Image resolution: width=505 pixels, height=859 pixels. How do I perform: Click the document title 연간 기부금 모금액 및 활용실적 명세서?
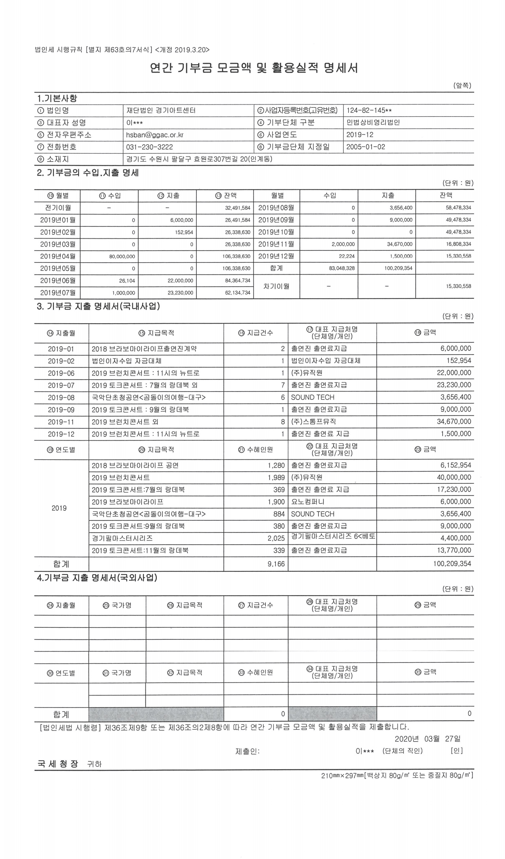pos(254,68)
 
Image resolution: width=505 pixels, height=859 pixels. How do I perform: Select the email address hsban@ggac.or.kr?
pos(155,135)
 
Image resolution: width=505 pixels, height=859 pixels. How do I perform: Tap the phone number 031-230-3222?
pos(149,147)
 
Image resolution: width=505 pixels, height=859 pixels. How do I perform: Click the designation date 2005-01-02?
pos(366,147)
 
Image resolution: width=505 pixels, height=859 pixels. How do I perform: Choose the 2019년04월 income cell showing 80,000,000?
pos(122,256)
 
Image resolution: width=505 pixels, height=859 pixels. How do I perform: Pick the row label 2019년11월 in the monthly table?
pos(276,244)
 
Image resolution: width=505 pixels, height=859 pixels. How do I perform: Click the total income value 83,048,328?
pos(342,268)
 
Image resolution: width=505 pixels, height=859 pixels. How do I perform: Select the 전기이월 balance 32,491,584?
pos(238,208)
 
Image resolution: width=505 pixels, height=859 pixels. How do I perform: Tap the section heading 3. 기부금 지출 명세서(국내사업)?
pos(98,307)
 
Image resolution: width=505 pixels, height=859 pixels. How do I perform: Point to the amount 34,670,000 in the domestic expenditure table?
pos(454,422)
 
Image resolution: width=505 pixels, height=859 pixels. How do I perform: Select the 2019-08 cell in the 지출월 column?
pos(61,398)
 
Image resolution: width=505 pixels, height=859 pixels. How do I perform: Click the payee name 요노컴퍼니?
pos(308,502)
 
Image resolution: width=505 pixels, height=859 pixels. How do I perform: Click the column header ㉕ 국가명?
pos(117,606)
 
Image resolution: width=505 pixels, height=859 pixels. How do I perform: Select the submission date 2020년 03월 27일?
pos(427,739)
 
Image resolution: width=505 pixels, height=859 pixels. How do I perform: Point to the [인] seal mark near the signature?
pos(456,751)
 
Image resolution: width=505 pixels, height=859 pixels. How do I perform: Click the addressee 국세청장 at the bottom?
pos(58,764)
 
